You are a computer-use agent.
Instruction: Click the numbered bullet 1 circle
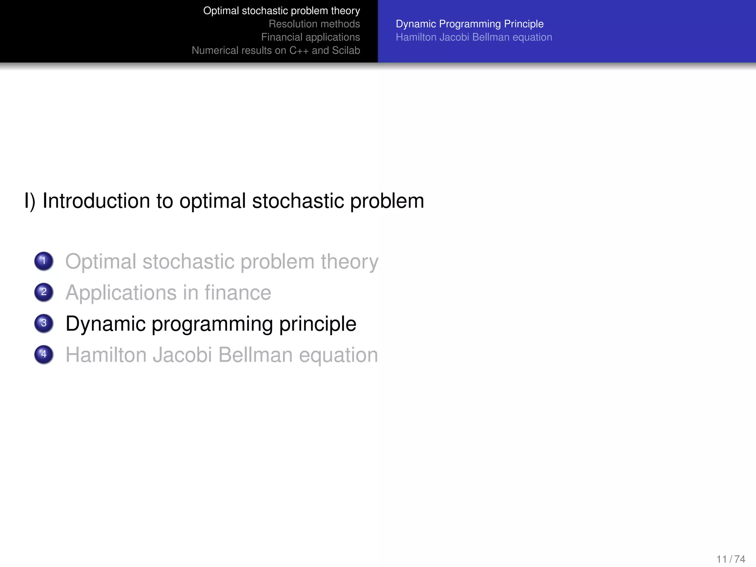coord(44,261)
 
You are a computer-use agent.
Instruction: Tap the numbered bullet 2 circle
coord(44,292)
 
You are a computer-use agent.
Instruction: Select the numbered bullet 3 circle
coord(44,323)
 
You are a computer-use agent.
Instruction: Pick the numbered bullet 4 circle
coord(44,354)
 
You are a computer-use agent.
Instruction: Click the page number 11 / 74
coord(731,559)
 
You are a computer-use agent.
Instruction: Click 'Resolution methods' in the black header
coord(314,24)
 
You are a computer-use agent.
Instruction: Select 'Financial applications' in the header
coord(310,37)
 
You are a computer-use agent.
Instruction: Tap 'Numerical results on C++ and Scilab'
coord(276,51)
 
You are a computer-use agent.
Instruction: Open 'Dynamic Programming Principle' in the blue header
coord(470,24)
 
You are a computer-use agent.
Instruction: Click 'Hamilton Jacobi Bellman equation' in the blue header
coord(474,37)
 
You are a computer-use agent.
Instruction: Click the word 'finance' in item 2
coord(238,293)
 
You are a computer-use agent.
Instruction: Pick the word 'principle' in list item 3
coord(317,324)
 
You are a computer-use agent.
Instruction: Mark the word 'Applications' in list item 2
coord(121,293)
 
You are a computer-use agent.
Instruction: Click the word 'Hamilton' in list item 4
coord(107,355)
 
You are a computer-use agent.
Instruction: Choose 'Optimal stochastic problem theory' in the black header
coord(281,11)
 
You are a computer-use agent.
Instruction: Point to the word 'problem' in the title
coord(387,201)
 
